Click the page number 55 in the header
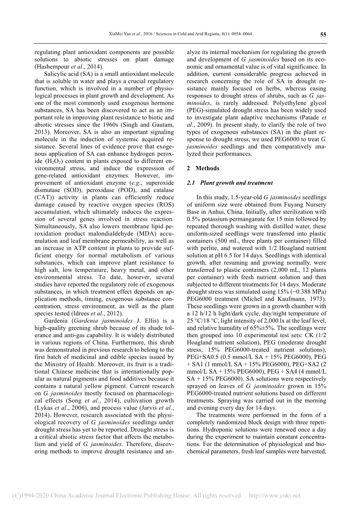point(323,34)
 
